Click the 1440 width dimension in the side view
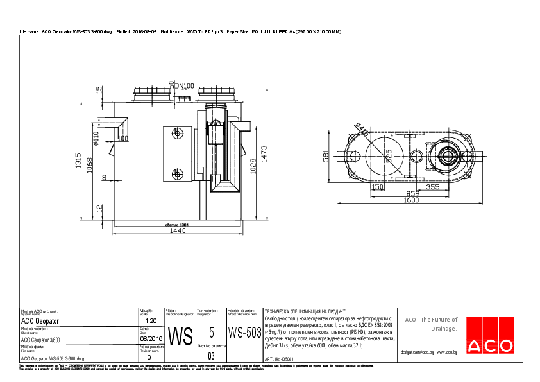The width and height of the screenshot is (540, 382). pyautogui.click(x=178, y=231)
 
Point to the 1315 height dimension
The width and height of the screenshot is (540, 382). pyautogui.click(x=78, y=161)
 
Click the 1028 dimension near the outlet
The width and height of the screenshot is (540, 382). pyautogui.click(x=253, y=166)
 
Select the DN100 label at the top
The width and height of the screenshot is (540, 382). pyautogui.click(x=184, y=86)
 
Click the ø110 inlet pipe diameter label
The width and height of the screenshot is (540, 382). pyautogui.click(x=96, y=139)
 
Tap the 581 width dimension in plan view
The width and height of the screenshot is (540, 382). pyautogui.click(x=326, y=156)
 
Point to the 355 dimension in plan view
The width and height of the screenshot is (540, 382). pyautogui.click(x=433, y=187)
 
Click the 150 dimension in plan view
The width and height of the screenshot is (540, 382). pyautogui.click(x=378, y=187)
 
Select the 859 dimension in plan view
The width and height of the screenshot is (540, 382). pyautogui.click(x=412, y=193)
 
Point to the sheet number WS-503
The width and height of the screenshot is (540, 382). pyautogui.click(x=244, y=333)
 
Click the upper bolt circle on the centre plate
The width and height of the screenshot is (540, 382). pyautogui.click(x=177, y=134)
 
